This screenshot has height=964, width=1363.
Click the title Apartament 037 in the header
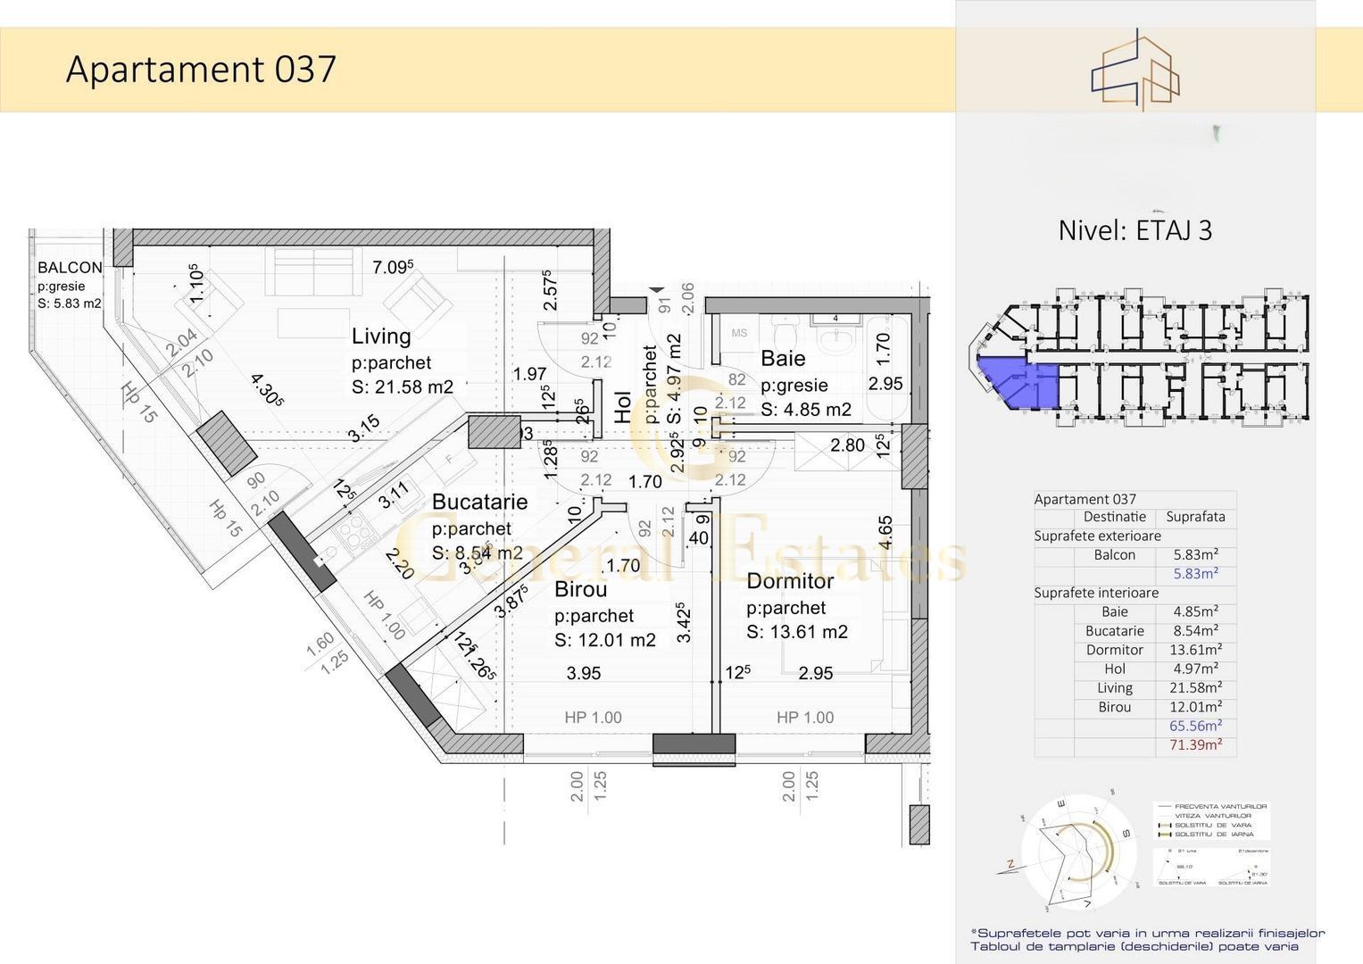click(x=201, y=70)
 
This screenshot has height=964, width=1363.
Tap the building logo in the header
click(x=1134, y=71)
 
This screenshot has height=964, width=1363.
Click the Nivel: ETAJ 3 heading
click(x=1134, y=230)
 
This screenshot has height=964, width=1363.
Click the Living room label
click(x=381, y=337)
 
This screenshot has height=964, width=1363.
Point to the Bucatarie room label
click(x=479, y=502)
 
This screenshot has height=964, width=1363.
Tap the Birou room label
click(x=580, y=589)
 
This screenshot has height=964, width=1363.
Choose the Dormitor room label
click(x=790, y=581)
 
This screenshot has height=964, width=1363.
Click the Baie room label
click(x=783, y=359)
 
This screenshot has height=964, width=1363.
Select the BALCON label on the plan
click(x=70, y=267)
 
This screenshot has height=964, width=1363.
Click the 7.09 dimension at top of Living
click(x=392, y=267)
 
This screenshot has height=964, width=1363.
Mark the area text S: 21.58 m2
click(x=403, y=387)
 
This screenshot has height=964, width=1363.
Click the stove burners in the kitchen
click(x=354, y=533)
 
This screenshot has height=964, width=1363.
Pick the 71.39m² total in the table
click(x=1195, y=744)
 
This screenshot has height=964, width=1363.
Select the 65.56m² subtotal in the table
click(x=1195, y=726)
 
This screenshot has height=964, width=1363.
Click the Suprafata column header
click(x=1195, y=517)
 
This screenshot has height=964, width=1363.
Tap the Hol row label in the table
click(x=1115, y=669)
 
